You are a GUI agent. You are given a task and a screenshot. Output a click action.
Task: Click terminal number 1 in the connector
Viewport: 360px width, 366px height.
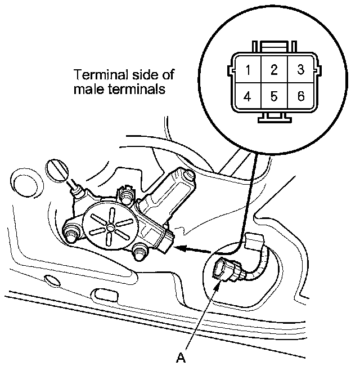point(247,70)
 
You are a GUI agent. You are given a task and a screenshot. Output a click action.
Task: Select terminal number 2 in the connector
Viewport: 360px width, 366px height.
point(273,70)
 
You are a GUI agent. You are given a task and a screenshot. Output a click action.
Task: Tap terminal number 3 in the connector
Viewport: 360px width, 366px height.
point(300,70)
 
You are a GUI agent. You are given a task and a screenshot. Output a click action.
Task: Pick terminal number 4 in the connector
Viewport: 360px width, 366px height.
point(247,96)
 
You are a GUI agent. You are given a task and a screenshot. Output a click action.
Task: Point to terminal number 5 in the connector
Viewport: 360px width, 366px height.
point(273,96)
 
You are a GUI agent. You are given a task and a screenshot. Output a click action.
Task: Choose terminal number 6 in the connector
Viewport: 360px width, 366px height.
point(300,96)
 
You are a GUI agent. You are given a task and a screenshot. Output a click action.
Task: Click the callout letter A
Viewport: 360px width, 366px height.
point(181,356)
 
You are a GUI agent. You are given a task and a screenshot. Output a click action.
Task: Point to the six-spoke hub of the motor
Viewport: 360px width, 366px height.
point(111,226)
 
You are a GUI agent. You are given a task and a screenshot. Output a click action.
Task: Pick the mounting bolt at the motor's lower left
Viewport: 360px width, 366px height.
point(72,232)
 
